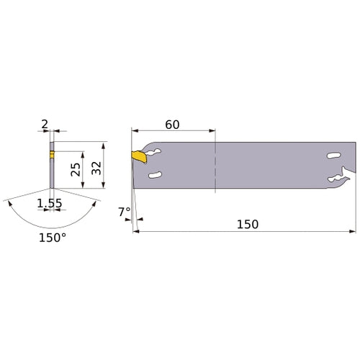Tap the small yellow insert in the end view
point(52,154)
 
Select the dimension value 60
point(172,124)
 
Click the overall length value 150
point(246,224)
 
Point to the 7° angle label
point(124,212)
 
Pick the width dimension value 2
point(45,124)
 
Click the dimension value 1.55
point(49,204)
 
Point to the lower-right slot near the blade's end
point(332,179)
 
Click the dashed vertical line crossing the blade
point(215,166)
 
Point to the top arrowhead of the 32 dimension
point(104,144)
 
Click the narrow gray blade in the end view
point(52,173)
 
